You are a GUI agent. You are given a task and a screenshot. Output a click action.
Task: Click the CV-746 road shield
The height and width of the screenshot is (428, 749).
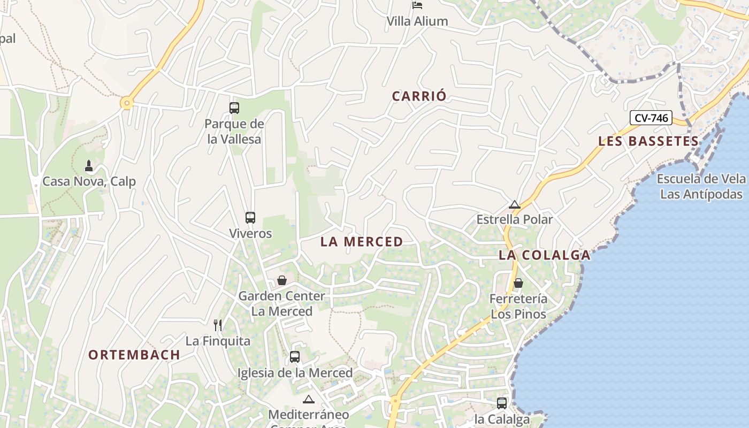651,118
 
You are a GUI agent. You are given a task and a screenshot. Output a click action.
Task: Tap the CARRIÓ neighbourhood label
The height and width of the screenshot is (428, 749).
419,96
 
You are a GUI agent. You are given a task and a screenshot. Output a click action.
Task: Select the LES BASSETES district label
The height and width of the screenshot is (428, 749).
648,141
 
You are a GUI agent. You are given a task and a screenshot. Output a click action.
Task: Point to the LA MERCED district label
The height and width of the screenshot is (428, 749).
362,242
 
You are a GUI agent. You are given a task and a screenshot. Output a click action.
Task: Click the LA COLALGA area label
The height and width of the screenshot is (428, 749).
545,255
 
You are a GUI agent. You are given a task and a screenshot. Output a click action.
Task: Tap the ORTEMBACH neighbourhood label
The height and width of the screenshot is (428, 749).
134,355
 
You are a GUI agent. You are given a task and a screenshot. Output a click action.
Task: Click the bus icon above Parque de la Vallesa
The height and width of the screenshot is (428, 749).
234,108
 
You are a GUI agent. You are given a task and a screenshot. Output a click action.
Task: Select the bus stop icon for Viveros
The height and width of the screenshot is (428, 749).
250,218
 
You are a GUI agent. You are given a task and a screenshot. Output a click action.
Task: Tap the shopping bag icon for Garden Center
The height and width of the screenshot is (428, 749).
282,280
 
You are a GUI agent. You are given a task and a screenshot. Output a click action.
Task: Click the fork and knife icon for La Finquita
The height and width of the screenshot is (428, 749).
218,325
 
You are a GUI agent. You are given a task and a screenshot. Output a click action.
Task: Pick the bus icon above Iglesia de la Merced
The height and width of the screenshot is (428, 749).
295,357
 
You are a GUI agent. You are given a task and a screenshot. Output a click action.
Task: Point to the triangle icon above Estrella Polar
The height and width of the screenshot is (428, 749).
515,204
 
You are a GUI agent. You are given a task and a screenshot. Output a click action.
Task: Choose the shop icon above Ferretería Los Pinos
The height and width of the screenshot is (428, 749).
518,283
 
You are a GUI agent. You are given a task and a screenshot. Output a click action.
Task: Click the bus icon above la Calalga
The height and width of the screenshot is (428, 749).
502,403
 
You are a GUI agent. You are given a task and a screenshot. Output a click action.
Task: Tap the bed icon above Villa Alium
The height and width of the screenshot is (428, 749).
417,5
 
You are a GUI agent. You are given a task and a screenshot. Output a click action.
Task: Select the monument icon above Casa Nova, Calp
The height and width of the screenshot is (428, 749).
89,166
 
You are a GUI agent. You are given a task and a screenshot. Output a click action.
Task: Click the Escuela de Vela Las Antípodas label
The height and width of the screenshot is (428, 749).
701,186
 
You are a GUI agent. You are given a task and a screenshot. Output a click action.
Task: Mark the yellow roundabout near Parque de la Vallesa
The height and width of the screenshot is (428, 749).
126,103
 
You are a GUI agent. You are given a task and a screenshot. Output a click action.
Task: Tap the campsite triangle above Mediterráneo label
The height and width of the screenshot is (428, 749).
309,399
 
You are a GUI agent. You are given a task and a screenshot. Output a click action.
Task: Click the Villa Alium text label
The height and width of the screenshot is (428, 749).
417,21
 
